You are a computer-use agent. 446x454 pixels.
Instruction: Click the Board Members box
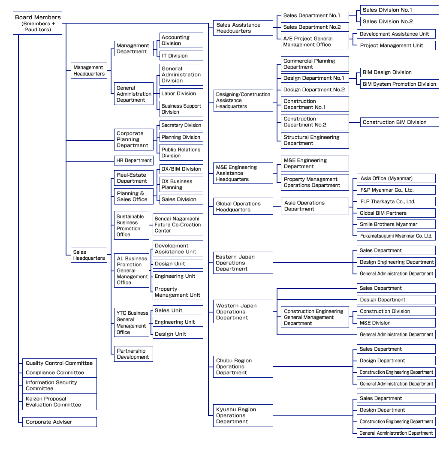(38, 23)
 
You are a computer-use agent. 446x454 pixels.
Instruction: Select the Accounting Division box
(181, 40)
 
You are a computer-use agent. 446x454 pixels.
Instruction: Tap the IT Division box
(181, 56)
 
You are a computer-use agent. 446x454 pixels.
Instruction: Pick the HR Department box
(134, 160)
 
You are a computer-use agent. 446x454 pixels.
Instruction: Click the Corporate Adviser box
(59, 422)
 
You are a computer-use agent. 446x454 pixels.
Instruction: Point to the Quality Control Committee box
(59, 363)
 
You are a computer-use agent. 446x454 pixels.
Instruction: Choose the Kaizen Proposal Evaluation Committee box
(59, 402)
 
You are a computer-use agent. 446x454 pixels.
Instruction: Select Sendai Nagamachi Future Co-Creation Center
(178, 225)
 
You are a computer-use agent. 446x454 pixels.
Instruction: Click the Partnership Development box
(133, 354)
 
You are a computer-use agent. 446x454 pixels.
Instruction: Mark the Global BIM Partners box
(396, 213)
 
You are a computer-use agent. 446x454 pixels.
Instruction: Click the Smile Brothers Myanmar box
(396, 224)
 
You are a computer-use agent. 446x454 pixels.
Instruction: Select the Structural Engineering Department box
(315, 140)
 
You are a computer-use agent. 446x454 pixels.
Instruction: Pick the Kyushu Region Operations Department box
(243, 415)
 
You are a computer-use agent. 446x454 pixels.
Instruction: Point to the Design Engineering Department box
(396, 262)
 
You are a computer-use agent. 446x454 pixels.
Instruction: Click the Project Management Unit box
(396, 45)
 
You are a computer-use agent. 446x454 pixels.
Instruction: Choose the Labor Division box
(181, 93)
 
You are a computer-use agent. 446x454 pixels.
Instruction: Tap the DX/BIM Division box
(181, 169)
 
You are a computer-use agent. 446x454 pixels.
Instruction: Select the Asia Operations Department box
(315, 206)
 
